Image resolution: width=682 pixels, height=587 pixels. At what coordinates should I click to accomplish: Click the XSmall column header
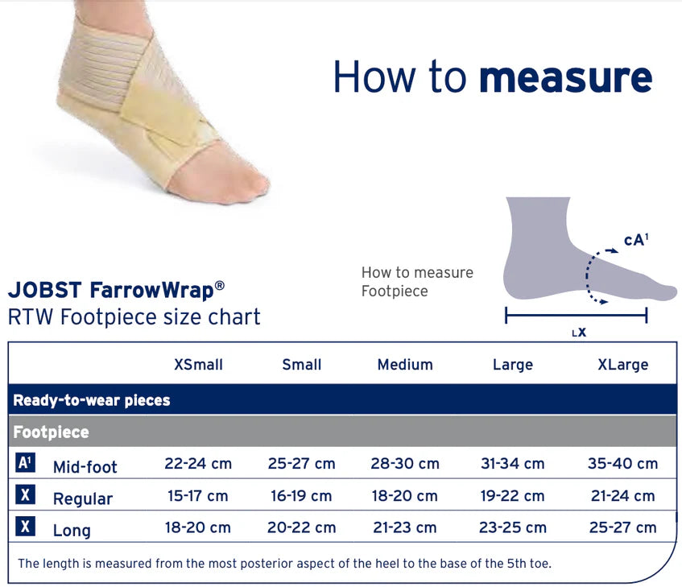(x=198, y=365)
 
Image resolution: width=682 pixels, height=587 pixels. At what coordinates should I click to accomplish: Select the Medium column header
(x=405, y=365)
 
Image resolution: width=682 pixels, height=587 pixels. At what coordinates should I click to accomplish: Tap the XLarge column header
(x=623, y=365)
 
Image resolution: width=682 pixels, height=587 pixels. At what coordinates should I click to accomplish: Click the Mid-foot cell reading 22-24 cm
(x=198, y=464)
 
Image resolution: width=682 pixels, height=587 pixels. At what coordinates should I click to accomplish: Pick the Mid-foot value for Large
(x=512, y=464)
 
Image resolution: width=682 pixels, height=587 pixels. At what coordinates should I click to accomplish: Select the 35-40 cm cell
(x=623, y=464)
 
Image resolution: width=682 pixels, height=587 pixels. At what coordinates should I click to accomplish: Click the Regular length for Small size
(x=301, y=496)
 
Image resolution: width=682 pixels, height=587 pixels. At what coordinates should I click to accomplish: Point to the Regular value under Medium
(x=404, y=496)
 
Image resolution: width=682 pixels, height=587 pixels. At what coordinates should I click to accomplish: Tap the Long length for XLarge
(x=623, y=527)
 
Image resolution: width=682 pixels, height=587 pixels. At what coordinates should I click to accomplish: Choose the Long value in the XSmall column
(x=198, y=527)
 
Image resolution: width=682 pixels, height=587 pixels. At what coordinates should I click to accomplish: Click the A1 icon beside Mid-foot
(x=25, y=463)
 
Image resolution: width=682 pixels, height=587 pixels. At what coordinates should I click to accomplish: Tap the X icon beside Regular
(x=25, y=494)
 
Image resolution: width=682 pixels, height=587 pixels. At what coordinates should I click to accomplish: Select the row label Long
(x=72, y=531)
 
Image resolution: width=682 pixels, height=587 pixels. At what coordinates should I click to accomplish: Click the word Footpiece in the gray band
(x=51, y=432)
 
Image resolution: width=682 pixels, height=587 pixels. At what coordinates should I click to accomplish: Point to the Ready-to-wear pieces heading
(x=91, y=400)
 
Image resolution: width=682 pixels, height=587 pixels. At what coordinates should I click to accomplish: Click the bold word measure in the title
(x=566, y=78)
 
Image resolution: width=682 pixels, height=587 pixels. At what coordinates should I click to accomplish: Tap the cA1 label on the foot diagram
(x=636, y=240)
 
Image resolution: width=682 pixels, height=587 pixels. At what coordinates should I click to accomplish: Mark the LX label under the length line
(x=579, y=333)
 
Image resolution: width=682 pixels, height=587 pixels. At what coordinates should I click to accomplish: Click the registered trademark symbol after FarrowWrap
(x=220, y=286)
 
